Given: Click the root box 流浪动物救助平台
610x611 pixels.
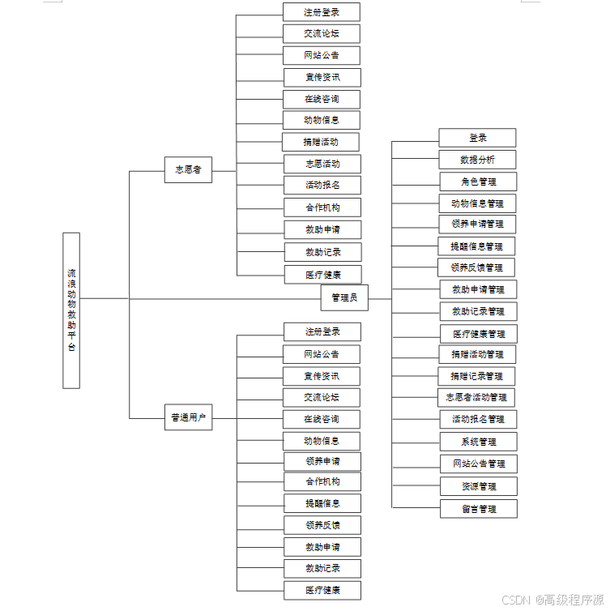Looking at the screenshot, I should click(x=71, y=310).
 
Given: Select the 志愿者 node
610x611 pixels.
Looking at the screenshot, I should click(x=188, y=170).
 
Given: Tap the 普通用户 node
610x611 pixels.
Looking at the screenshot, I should click(x=188, y=418).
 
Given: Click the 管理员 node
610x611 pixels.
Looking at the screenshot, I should click(x=344, y=298).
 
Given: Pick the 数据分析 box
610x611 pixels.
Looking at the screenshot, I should click(x=477, y=160).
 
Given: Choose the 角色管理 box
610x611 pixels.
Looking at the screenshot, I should click(x=478, y=182).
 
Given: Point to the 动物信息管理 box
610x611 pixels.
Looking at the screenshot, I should click(x=478, y=203).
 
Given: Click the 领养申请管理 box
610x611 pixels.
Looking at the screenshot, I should click(x=478, y=224).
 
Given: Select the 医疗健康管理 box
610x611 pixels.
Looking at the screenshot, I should click(x=478, y=334).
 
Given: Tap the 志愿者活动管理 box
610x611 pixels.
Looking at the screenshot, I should click(x=477, y=397).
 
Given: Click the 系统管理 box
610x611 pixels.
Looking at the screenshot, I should click(x=478, y=442).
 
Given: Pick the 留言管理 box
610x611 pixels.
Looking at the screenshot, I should click(x=478, y=509).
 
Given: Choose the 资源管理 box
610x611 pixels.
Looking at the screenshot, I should click(x=478, y=486).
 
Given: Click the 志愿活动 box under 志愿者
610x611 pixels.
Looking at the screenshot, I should click(x=322, y=164).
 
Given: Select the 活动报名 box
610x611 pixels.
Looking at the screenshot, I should click(x=322, y=185).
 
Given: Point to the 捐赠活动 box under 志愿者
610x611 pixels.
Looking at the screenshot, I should click(x=321, y=142).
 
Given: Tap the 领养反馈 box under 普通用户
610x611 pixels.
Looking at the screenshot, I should click(x=322, y=525).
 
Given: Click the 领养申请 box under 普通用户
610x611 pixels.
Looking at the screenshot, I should click(x=322, y=461).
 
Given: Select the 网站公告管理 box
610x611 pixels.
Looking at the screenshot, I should click(x=478, y=464).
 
